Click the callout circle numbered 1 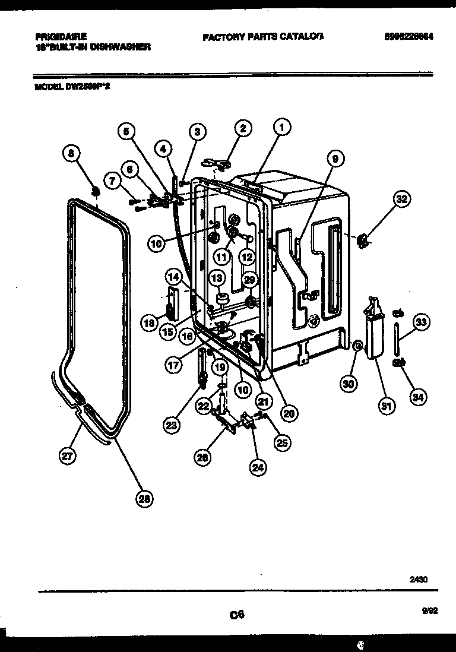(x=283, y=126)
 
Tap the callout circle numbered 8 (x=72, y=155)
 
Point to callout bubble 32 (x=402, y=200)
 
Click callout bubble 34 (x=418, y=397)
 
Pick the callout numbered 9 (x=335, y=159)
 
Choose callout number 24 (x=256, y=467)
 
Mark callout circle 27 (x=66, y=456)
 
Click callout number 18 (x=149, y=323)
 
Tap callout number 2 (x=242, y=128)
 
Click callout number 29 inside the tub (x=249, y=279)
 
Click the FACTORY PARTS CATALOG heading (x=263, y=36)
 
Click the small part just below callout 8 (x=94, y=190)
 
